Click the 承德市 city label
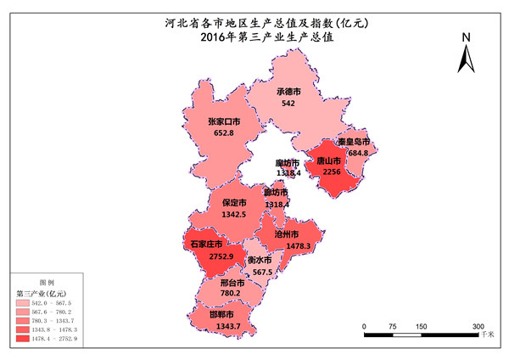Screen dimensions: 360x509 pos(289,92)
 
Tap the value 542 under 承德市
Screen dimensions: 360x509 pos(288,103)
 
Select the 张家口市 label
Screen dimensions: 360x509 pos(224,122)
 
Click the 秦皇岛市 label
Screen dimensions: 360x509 pos(353,142)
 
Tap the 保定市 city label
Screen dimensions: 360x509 pos(234,204)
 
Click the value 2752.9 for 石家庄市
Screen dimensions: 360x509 pos(208,256)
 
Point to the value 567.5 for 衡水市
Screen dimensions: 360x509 pos(265,272)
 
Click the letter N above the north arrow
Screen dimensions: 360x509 pos(466,38)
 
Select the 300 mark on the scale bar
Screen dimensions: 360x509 pos(478,326)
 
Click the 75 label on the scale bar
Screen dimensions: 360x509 pos(393,326)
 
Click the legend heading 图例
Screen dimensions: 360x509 pos(47,282)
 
